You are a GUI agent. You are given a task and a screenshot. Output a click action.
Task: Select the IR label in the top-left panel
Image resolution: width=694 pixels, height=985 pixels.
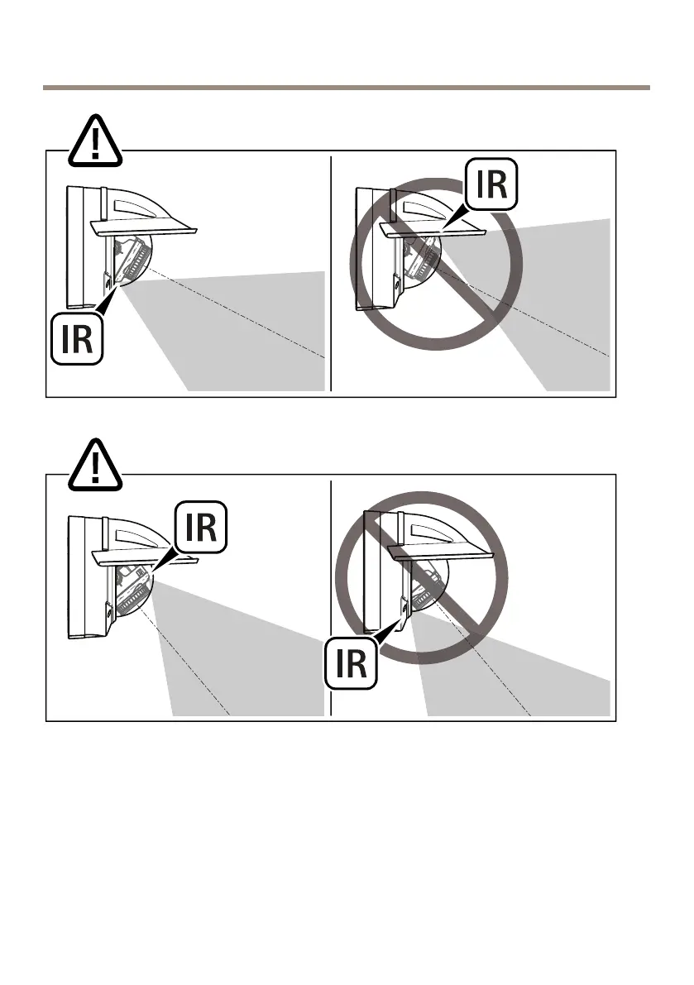click(x=77, y=338)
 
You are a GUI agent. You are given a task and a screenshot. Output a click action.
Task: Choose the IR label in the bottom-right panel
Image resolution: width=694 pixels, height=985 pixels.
click(x=352, y=662)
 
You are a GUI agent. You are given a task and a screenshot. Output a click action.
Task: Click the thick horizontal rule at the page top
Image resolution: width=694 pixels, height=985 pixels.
click(x=347, y=87)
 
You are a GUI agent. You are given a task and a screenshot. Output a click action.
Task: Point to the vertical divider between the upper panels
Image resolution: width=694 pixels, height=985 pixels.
click(x=330, y=273)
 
